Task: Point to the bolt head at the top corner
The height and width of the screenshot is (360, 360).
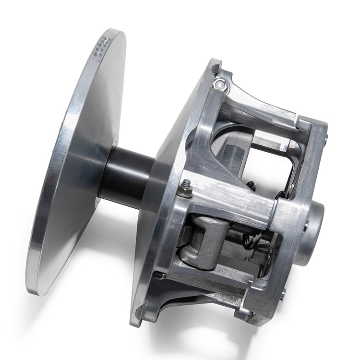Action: coord(220,85)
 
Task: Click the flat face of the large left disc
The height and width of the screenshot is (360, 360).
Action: coord(77,158)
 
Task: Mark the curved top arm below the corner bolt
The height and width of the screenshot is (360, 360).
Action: coord(254,103)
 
